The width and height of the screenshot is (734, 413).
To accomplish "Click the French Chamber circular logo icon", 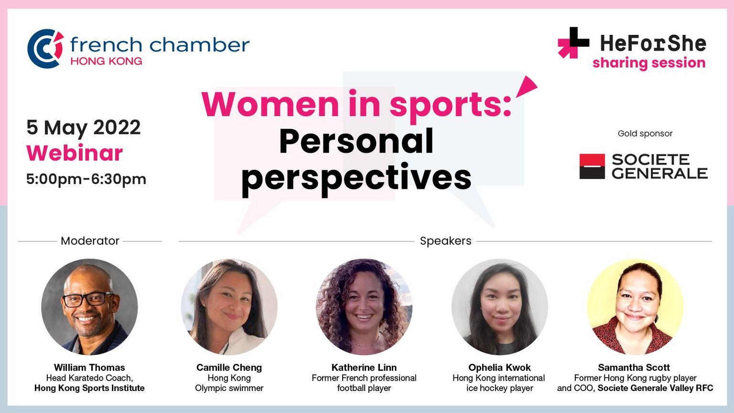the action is (x=45, y=48).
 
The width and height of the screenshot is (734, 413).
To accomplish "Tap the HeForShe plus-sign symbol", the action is (x=573, y=43).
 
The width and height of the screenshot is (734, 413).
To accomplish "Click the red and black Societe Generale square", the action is (x=592, y=166).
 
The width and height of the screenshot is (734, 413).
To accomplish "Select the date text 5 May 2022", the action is (x=84, y=128).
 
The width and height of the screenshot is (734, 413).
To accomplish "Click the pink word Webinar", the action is (x=75, y=153).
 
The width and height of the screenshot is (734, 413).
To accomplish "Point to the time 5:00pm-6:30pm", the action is (x=86, y=179).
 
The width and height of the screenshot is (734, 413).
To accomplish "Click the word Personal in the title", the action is (x=356, y=141).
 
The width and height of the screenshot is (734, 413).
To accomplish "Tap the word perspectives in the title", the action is (x=356, y=178).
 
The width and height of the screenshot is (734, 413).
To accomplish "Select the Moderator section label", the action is (x=90, y=241).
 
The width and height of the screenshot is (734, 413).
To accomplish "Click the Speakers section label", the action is (x=446, y=241).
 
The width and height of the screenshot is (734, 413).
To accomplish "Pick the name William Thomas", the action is (x=89, y=368).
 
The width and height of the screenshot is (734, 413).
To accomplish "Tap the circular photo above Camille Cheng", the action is (x=229, y=307).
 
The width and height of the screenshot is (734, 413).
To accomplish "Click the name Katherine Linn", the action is (x=364, y=368).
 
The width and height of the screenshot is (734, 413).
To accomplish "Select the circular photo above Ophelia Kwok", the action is (x=500, y=307).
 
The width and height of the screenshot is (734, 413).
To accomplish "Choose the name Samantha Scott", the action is (x=634, y=368).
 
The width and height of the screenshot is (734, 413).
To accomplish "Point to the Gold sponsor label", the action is (x=645, y=133).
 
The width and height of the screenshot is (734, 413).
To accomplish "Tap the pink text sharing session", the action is (x=649, y=63).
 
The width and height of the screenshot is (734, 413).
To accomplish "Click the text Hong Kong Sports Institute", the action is (x=89, y=388).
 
